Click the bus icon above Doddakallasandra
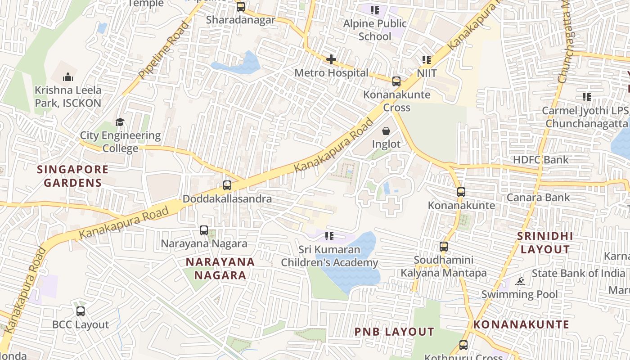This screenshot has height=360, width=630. pyautogui.click(x=227, y=185)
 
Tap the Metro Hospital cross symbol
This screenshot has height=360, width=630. pyautogui.click(x=331, y=59)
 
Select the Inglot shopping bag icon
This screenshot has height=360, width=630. pyautogui.click(x=386, y=131)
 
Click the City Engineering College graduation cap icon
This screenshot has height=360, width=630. pyautogui.click(x=120, y=122)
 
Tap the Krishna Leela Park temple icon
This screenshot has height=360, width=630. pyautogui.click(x=68, y=77)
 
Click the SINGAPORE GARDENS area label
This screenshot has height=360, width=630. pyautogui.click(x=72, y=176)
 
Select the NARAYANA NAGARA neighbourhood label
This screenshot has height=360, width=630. pyautogui.click(x=220, y=268)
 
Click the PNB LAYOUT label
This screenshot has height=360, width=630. pyautogui.click(x=394, y=332)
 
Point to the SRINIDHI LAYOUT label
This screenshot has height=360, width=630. pyautogui.click(x=544, y=243)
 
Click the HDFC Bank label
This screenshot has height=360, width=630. pyautogui.click(x=541, y=160)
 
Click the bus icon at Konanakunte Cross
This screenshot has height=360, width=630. pyautogui.click(x=396, y=81)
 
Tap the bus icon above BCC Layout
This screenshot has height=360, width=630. pyautogui.click(x=81, y=311)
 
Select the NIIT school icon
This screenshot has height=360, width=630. pyautogui.click(x=427, y=60)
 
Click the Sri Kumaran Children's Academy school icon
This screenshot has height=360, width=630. pyautogui.click(x=329, y=236)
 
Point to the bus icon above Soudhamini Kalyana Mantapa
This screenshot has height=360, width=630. pyautogui.click(x=444, y=247)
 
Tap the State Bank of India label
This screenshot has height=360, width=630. pyautogui.click(x=578, y=273)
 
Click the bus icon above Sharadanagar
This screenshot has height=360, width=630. pyautogui.click(x=241, y=7)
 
